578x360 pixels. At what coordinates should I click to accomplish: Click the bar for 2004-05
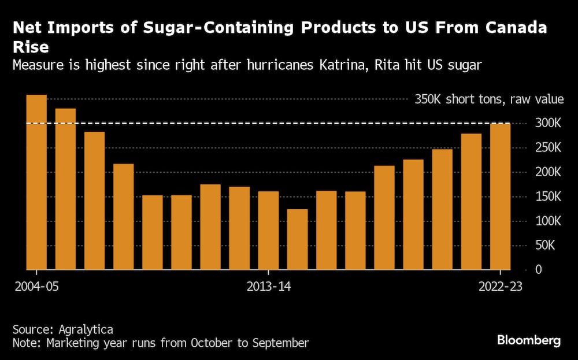pos(36,182)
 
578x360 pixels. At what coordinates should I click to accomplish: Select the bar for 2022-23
pos(500,196)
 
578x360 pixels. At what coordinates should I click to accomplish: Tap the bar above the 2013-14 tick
pos(268,231)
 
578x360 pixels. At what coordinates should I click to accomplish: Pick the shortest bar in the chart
pos(297,239)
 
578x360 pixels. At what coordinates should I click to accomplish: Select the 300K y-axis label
pos(547,123)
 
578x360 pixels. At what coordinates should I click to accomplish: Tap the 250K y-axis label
pos(547,148)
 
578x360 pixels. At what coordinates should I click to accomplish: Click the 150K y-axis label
pos(547,197)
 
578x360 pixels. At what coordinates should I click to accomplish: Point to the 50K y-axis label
pos(550,246)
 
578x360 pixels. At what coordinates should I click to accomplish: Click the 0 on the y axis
pos(538,270)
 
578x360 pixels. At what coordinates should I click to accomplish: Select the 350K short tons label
pos(489,99)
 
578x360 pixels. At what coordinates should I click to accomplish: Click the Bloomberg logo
pos(529,340)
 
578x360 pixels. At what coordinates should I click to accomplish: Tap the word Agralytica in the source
pos(86,329)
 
